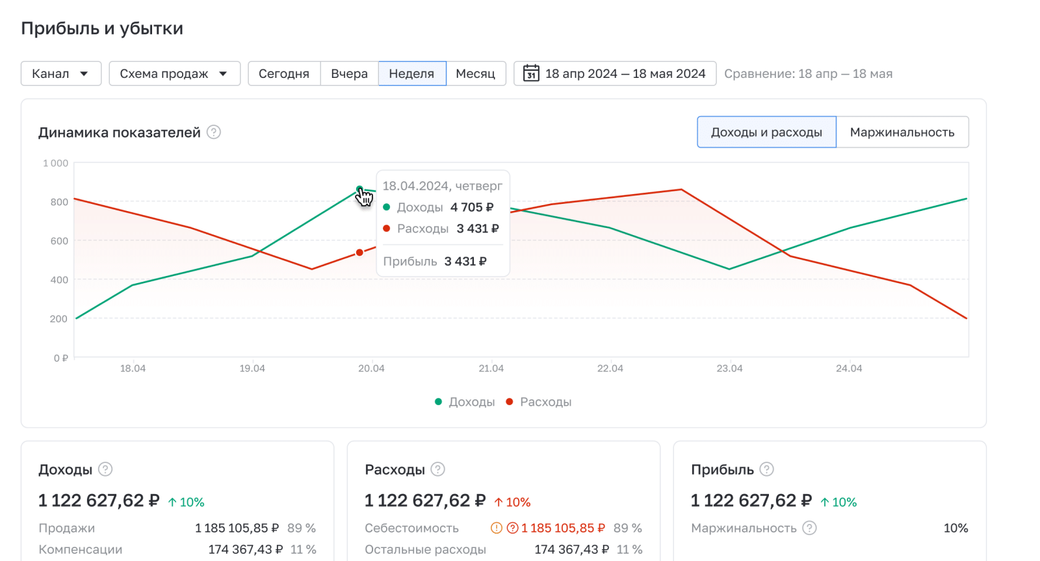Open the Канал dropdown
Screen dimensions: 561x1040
coord(61,73)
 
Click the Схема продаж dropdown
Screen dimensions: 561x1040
coord(174,73)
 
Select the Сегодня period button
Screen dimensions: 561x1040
coord(284,73)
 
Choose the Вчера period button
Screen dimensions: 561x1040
coord(349,73)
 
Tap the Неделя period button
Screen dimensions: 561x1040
coord(411,73)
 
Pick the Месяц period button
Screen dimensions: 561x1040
coord(475,73)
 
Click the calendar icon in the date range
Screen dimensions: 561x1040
coord(531,73)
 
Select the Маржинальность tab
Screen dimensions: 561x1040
coord(902,132)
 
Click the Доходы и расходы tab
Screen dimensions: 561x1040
coord(766,132)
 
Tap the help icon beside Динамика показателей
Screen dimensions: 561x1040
coord(214,132)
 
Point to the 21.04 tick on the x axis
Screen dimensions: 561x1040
coord(491,368)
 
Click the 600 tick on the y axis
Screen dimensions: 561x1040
coord(59,241)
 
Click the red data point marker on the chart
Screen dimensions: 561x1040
coord(359,253)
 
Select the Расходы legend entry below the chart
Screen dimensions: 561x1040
coord(539,402)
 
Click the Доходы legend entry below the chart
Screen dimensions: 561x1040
coord(465,402)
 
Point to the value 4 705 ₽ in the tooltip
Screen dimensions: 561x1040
coord(472,207)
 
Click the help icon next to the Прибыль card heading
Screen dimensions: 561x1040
coord(767,469)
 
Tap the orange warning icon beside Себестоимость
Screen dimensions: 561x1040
coord(497,528)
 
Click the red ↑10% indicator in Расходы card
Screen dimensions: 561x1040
coord(512,502)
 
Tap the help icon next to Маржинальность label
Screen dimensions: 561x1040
coord(809,528)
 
